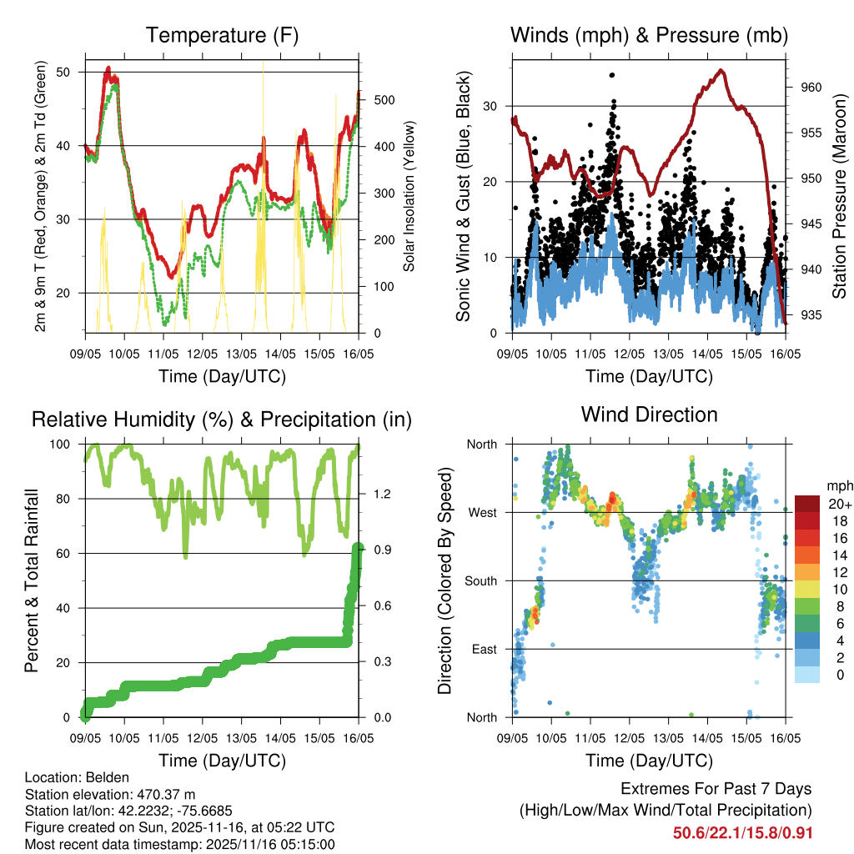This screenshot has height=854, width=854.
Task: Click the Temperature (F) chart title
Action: coord(222,35)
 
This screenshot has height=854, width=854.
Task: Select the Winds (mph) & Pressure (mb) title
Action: coord(649,35)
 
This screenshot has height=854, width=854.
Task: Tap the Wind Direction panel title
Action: coord(649,414)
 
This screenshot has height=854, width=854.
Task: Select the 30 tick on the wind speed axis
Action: coord(495,106)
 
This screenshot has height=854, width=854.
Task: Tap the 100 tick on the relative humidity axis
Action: coord(66,445)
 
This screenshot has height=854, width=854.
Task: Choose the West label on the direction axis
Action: coord(482,513)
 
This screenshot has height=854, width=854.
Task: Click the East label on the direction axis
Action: coord(483,649)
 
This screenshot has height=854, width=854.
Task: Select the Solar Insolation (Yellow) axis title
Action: coord(409,196)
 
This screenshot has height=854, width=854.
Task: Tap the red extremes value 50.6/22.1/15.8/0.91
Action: coord(742,832)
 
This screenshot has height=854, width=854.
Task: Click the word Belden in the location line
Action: coord(105,777)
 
